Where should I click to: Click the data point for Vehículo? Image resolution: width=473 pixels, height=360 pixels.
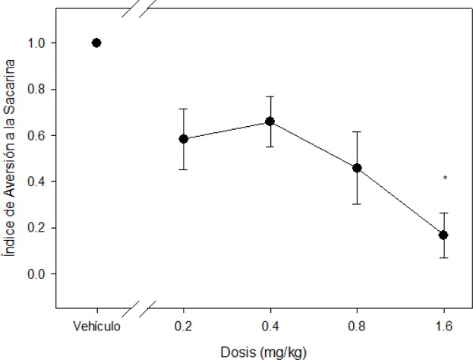[x=96, y=43]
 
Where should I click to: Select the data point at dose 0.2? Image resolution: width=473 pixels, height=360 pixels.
[x=184, y=139]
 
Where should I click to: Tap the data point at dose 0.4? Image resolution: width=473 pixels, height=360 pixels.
[x=270, y=122]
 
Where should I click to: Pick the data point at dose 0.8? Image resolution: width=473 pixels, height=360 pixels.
[x=357, y=168]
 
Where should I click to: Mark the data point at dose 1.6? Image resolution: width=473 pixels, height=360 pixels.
[x=443, y=235]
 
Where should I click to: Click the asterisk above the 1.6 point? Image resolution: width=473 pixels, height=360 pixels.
[x=446, y=179]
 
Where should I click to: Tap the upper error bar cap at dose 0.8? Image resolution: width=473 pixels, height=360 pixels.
[x=357, y=132]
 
